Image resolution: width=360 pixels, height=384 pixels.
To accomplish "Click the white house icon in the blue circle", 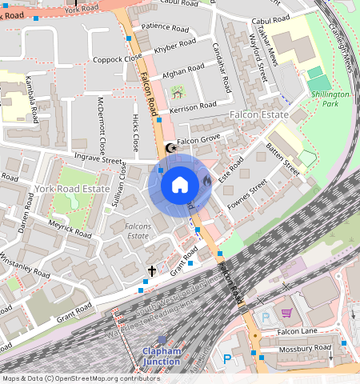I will pyautogui.click(x=180, y=185).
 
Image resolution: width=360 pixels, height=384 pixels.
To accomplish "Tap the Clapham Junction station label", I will pyautogui.click(x=162, y=357).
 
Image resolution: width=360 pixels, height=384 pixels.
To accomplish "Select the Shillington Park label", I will pyautogui.click(x=330, y=98).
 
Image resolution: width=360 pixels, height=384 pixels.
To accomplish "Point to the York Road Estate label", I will pyautogui.click(x=71, y=189).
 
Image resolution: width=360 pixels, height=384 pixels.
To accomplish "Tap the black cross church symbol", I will pyautogui.click(x=152, y=272).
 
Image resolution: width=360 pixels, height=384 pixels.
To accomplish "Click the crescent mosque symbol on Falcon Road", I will pyautogui.click(x=169, y=148).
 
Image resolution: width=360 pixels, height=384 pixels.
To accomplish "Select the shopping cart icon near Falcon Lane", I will pyautogui.click(x=287, y=313).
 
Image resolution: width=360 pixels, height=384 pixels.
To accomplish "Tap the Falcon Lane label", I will pyautogui.click(x=298, y=332).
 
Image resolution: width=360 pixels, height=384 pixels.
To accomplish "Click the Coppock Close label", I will pyautogui.click(x=116, y=58).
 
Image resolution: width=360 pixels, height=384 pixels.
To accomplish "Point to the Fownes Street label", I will pyautogui.click(x=248, y=194).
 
